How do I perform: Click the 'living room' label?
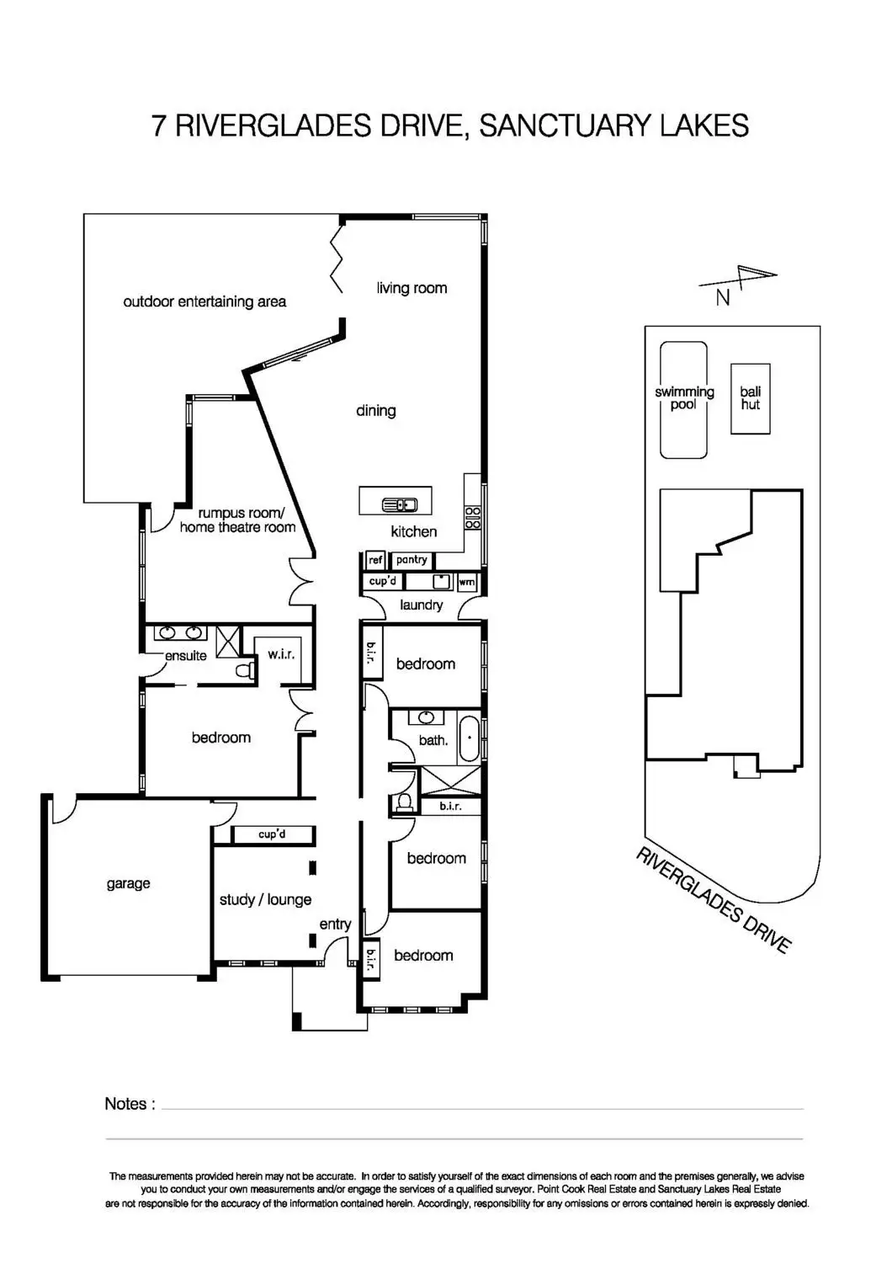tap(411, 288)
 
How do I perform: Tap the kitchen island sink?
tap(400, 504)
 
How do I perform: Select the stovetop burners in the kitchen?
tap(472, 518)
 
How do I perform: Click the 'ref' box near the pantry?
tap(375, 560)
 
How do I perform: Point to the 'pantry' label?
tap(411, 560)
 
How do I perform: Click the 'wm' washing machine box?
tap(466, 582)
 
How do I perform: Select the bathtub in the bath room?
tap(470, 738)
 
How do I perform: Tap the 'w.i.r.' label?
tap(280, 654)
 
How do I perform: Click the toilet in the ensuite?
tap(245, 671)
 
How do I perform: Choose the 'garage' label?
tap(129, 883)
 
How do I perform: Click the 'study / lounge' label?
tap(265, 899)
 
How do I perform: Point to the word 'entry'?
tap(335, 925)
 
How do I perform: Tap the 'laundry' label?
tap(421, 605)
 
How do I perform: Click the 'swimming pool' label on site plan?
tap(684, 397)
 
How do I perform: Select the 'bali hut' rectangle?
tap(750, 398)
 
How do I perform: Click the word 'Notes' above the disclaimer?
tap(125, 1103)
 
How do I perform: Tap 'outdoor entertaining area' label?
tap(204, 301)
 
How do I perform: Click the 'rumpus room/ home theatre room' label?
tap(238, 520)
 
